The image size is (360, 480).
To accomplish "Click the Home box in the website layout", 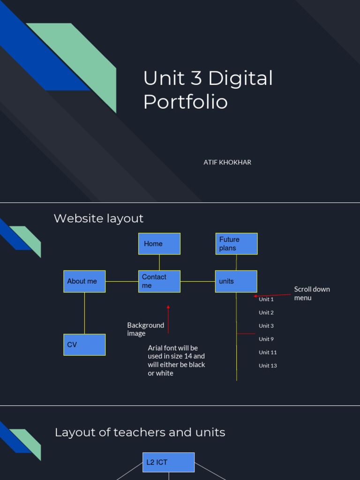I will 159,244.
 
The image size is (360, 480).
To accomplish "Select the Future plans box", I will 236,244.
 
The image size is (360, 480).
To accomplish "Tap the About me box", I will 84,281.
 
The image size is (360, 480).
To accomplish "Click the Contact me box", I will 159,281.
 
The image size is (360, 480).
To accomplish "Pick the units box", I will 236,281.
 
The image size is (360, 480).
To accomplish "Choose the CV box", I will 84,345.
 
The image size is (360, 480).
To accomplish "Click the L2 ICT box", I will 168,462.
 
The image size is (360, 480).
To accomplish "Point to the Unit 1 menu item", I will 266,299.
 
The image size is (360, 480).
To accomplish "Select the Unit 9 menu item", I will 266,339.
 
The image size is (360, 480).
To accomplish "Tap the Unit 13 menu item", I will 268,366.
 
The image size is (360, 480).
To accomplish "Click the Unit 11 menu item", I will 268,352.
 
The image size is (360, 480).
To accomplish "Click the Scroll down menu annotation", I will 312,293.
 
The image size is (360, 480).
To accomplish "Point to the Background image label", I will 145,329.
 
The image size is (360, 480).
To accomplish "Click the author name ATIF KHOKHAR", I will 227,162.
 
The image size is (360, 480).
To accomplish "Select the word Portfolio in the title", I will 186,102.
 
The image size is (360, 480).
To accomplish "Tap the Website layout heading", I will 98,218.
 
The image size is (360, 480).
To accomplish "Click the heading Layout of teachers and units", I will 140,432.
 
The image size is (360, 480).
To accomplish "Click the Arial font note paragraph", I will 176,360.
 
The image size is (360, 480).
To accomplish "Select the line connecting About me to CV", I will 85,313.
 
